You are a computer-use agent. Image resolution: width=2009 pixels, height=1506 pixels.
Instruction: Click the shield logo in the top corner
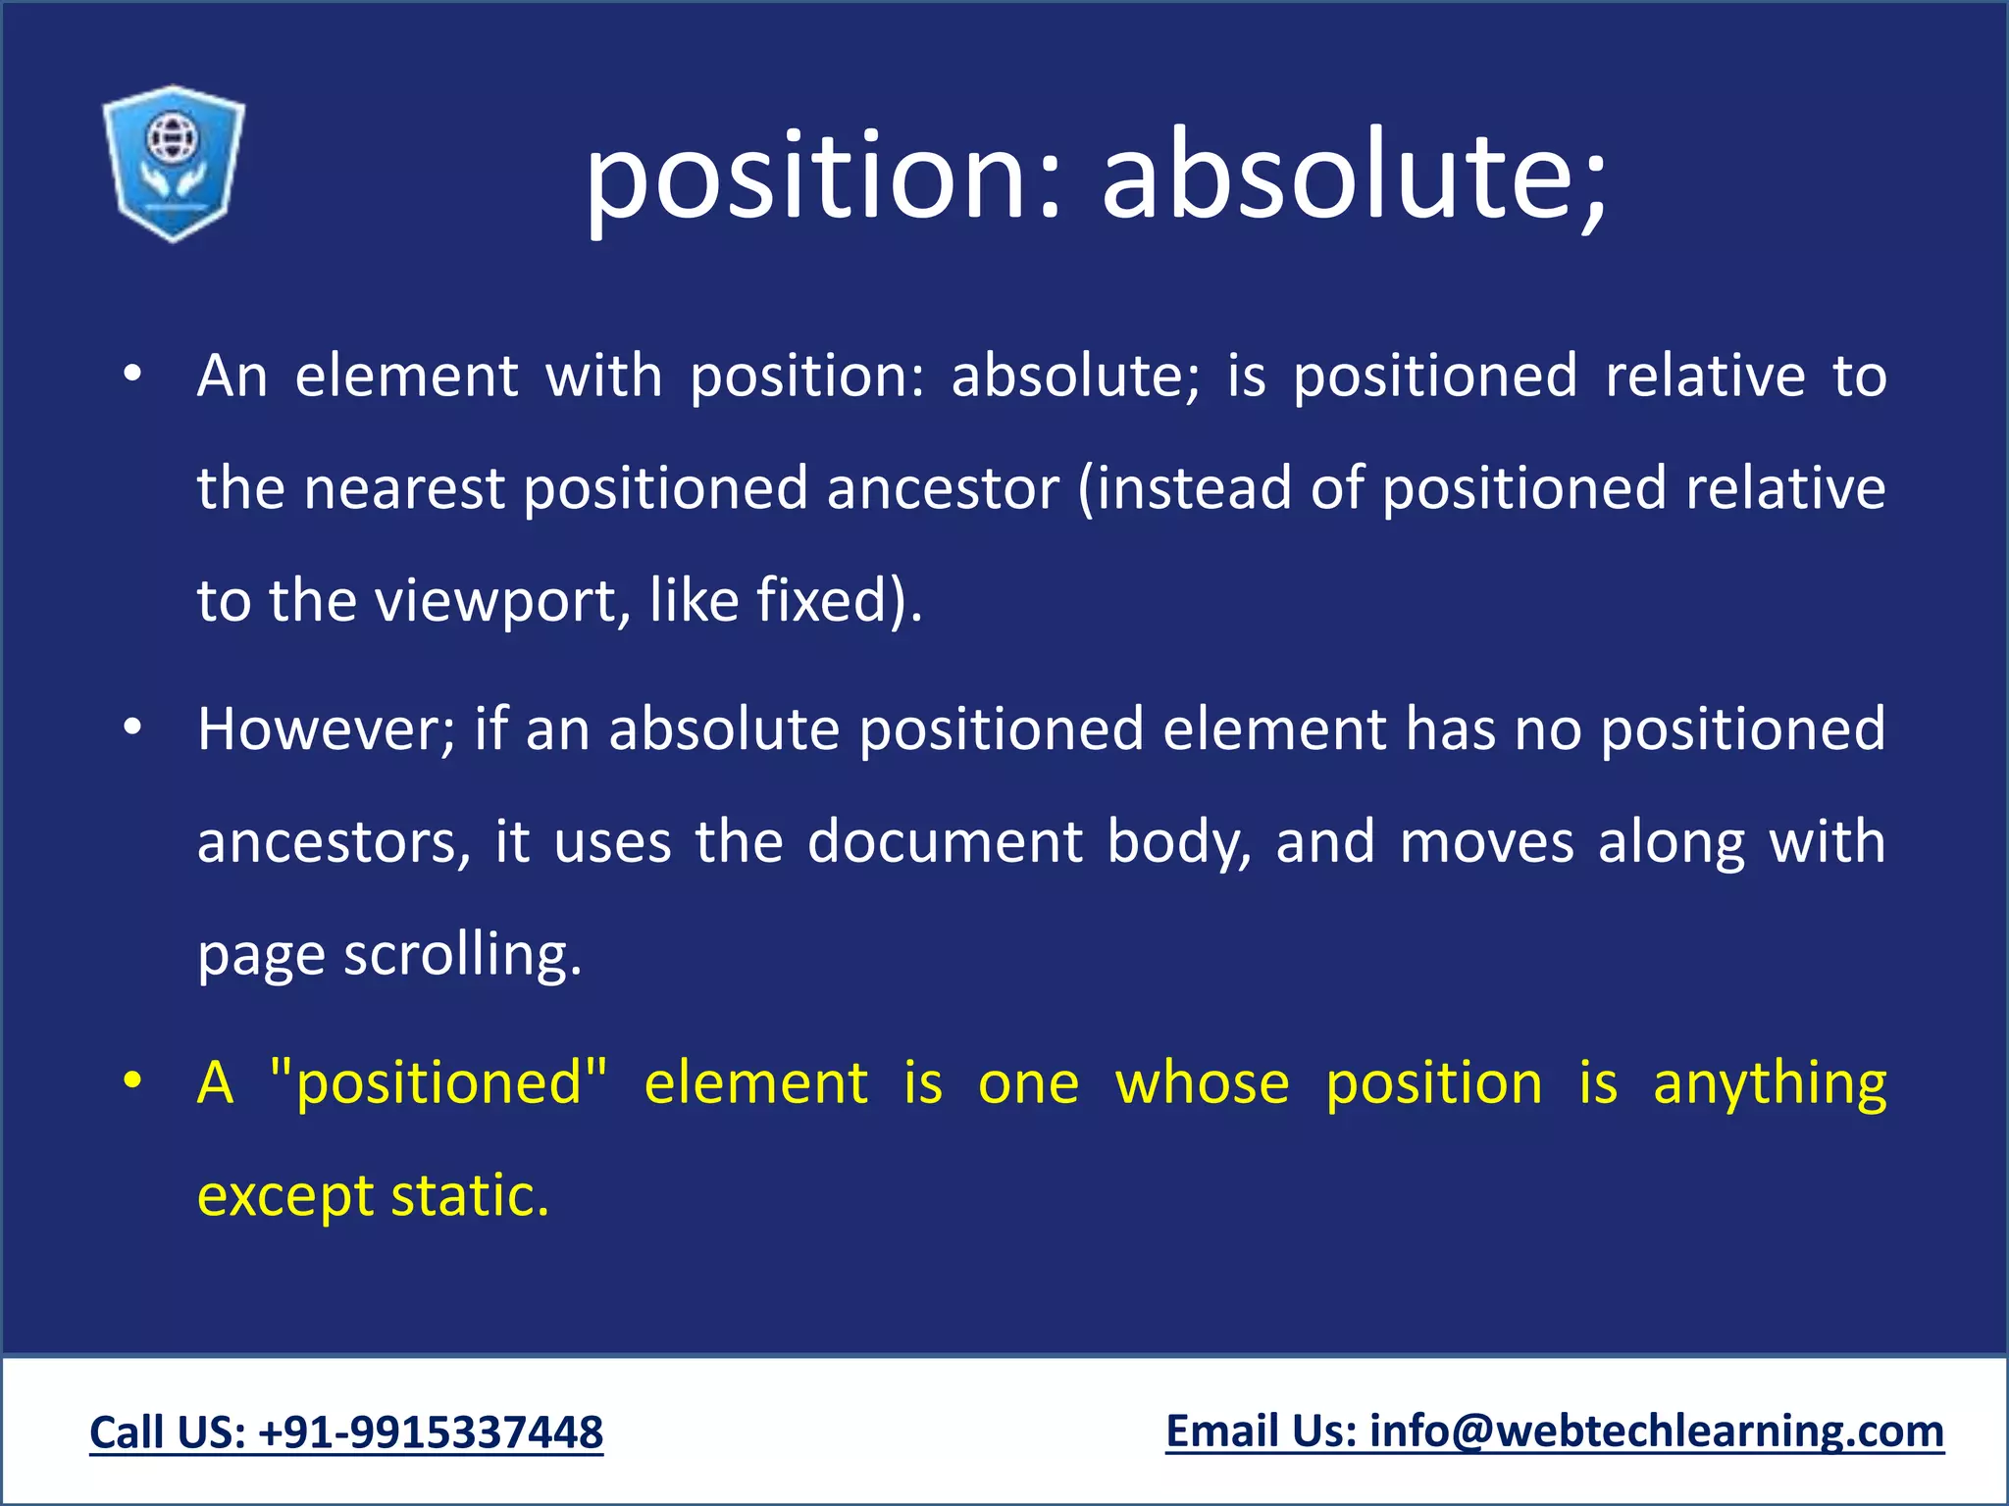[173, 163]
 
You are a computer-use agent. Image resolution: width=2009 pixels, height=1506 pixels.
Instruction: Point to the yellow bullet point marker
[133, 1082]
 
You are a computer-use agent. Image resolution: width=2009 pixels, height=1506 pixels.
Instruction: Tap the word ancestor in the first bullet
[943, 488]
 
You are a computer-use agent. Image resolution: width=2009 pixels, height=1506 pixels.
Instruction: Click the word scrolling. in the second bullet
[462, 955]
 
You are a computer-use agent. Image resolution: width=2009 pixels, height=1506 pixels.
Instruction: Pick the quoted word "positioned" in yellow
[438, 1083]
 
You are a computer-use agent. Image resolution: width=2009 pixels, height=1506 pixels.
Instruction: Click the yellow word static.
[470, 1196]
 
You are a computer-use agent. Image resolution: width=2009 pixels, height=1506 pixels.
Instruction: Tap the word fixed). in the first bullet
[839, 600]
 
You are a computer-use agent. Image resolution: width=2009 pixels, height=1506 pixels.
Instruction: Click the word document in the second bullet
[944, 842]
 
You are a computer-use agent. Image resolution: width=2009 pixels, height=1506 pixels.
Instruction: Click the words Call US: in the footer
[168, 1432]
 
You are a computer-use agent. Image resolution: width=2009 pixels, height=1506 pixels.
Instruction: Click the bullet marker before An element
[133, 376]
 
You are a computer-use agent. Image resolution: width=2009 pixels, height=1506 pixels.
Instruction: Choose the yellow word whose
[1202, 1083]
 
